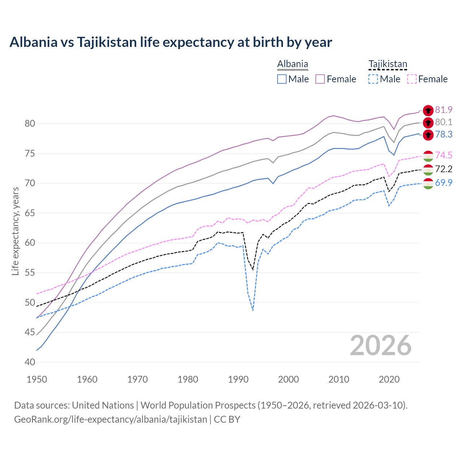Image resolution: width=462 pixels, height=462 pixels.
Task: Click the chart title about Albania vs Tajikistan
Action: (x=171, y=42)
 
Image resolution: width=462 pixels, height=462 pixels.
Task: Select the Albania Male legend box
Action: (x=282, y=79)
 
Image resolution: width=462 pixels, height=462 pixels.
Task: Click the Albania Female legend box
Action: (x=320, y=79)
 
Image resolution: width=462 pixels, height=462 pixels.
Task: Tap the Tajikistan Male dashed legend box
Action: (x=373, y=79)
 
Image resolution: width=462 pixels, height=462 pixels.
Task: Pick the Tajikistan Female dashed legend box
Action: (x=411, y=79)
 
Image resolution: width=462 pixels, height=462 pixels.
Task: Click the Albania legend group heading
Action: (x=292, y=64)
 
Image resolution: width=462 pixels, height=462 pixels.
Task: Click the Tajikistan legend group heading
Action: (x=388, y=64)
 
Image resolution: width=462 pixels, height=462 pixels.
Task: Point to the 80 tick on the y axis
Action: (x=30, y=123)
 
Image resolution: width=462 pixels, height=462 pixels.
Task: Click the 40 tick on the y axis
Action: (x=30, y=362)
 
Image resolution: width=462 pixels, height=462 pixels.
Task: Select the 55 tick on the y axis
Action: (x=30, y=273)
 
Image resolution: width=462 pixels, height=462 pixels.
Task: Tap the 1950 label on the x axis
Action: (x=37, y=379)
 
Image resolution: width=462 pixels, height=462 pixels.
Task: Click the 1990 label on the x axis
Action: (x=238, y=379)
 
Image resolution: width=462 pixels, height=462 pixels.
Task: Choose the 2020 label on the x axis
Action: (x=389, y=379)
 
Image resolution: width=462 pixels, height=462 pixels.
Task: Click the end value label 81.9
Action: (x=444, y=110)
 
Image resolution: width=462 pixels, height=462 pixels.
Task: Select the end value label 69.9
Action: (x=444, y=183)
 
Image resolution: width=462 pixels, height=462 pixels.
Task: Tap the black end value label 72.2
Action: (x=444, y=169)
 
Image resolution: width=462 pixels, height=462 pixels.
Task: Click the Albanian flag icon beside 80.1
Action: (x=428, y=123)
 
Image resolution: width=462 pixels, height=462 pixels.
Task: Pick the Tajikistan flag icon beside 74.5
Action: (x=428, y=156)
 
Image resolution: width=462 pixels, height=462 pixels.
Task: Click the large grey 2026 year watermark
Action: (x=381, y=345)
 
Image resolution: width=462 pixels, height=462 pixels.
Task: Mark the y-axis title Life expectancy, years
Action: (x=15, y=231)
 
